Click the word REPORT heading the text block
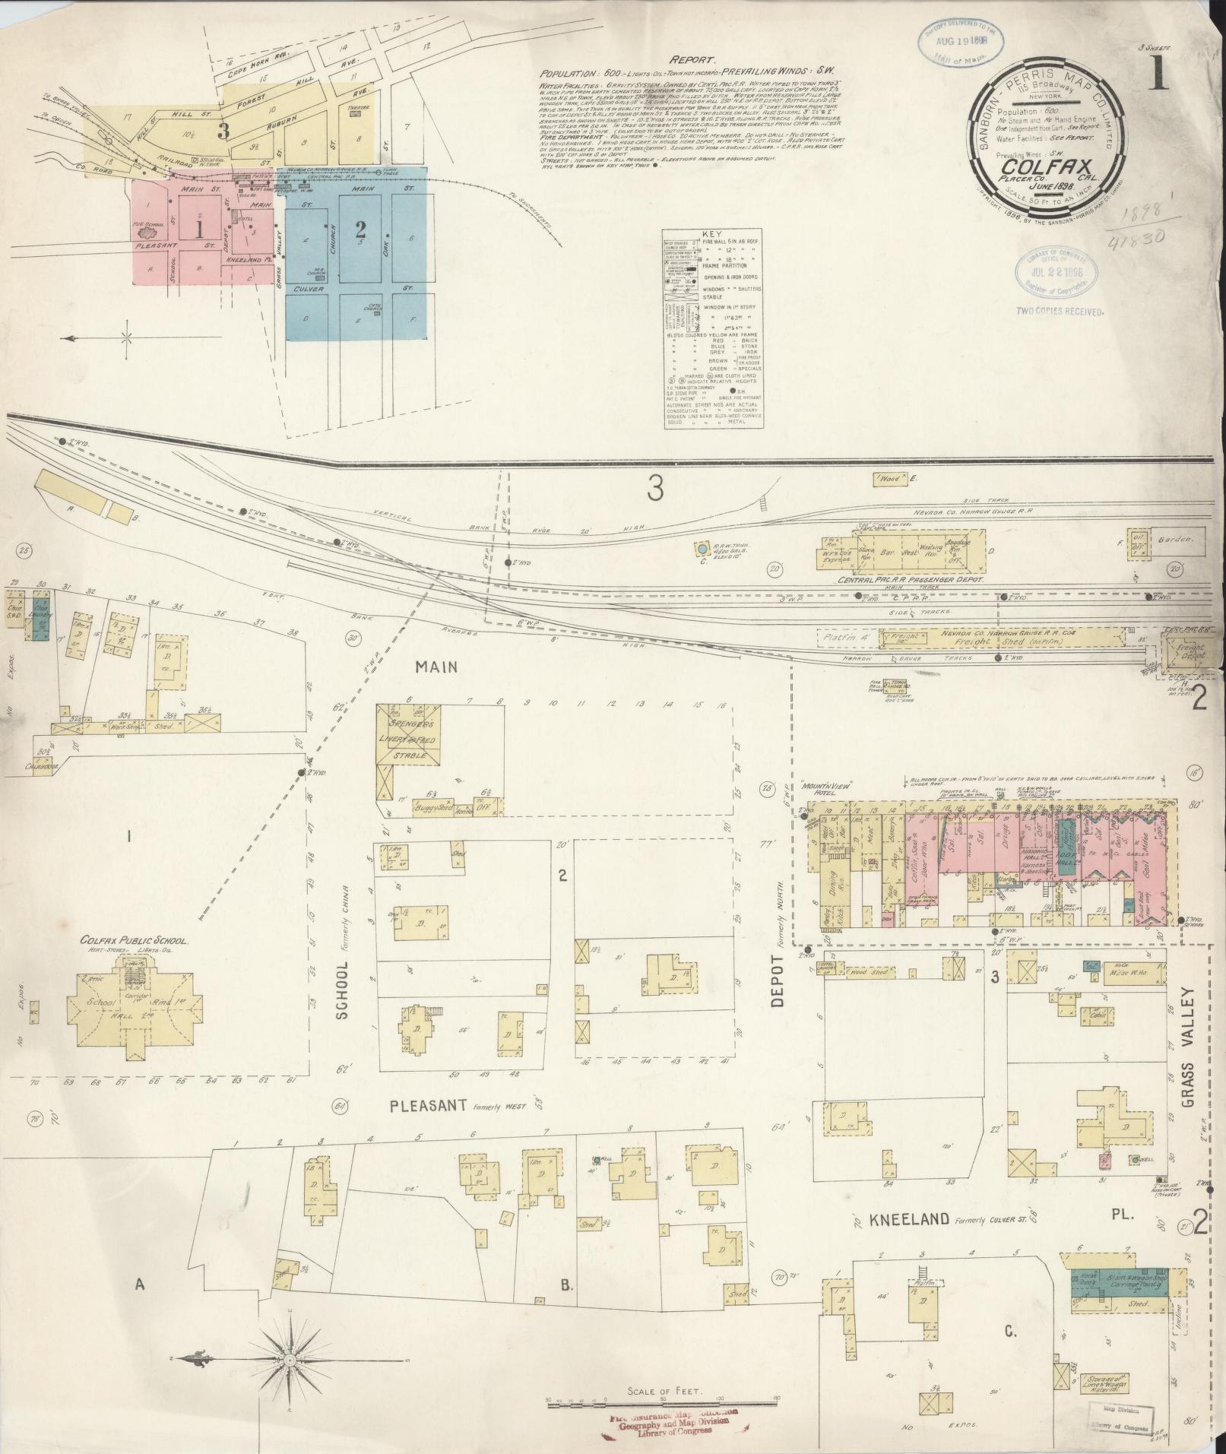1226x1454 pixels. (x=692, y=59)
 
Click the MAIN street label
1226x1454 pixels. (x=436, y=667)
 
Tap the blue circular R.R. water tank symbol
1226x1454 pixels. (x=702, y=547)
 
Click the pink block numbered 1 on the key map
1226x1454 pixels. (x=199, y=228)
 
